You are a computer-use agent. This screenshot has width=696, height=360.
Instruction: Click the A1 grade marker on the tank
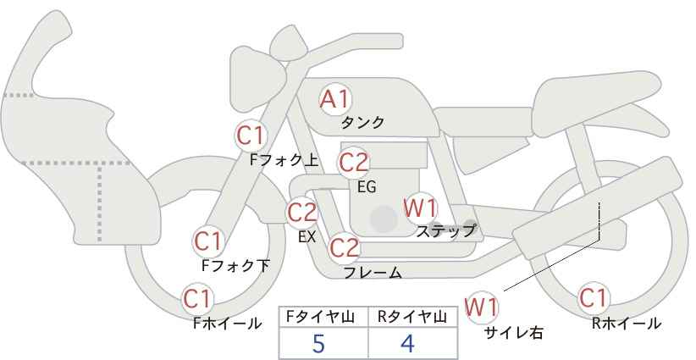tap(335, 99)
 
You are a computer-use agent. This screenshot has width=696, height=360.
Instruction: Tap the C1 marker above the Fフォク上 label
tap(251, 136)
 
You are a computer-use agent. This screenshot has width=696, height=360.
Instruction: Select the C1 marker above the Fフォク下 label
tap(208, 241)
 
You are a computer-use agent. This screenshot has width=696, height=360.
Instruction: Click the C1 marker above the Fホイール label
tap(197, 299)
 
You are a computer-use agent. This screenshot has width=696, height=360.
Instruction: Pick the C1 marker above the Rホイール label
tap(593, 298)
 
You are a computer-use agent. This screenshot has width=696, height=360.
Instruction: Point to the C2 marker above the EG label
tap(354, 163)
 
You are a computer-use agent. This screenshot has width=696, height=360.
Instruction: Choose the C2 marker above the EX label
tap(302, 213)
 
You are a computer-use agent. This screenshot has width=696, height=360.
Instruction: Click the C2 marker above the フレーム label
tap(345, 247)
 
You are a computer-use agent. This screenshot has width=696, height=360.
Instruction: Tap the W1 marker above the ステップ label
tap(420, 208)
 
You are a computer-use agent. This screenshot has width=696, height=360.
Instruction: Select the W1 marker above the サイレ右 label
tap(482, 307)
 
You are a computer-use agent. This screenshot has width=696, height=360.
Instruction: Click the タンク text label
tap(362, 123)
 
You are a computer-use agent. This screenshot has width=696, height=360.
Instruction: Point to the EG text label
tap(367, 187)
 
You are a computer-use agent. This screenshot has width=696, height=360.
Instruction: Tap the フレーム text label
tap(373, 273)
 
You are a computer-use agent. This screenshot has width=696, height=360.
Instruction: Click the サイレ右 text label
tap(514, 333)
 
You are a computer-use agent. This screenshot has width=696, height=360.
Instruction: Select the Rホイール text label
tap(627, 324)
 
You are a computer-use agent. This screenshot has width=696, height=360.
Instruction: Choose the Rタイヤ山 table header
tap(412, 317)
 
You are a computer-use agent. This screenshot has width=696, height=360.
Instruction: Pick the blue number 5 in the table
tap(318, 343)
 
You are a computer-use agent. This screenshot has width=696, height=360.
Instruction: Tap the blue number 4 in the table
tap(407, 343)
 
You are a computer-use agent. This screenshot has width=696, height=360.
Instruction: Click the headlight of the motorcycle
tap(257, 79)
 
